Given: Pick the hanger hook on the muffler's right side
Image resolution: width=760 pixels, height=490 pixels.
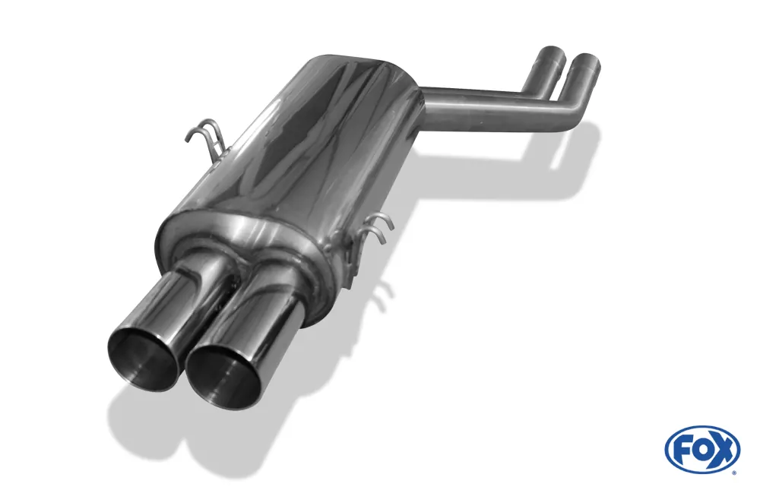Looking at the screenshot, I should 378,228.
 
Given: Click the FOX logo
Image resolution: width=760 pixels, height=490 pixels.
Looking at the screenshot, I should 701,449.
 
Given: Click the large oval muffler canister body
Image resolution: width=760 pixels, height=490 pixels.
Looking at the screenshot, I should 304,144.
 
